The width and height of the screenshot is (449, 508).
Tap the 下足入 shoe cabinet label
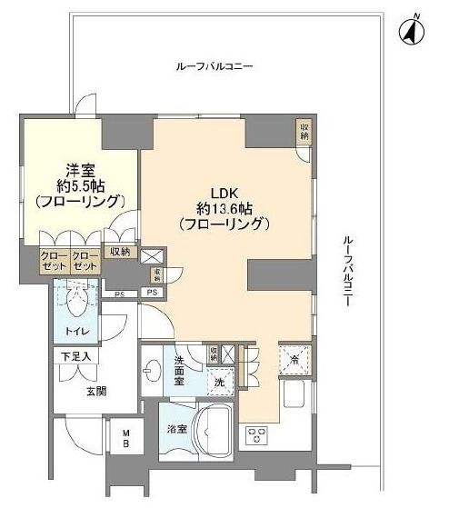click(x=75, y=357)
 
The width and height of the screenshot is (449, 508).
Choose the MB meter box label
click(x=127, y=440)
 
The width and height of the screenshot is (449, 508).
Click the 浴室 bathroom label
click(x=177, y=428)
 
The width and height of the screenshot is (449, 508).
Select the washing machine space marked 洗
click(x=218, y=383)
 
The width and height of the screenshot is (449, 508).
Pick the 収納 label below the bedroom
click(x=120, y=252)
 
